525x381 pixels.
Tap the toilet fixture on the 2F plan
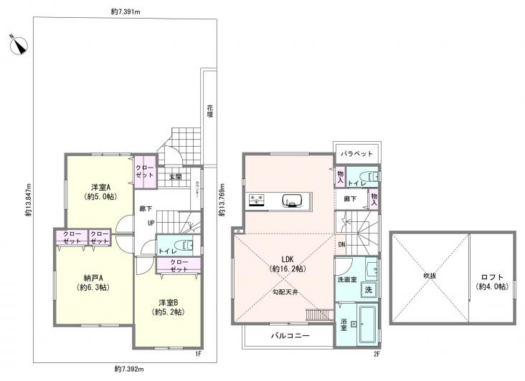tap(372, 176)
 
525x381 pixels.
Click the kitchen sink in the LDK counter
tap(293, 199)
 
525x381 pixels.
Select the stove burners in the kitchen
tap(257, 199)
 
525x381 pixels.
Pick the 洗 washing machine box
tap(368, 290)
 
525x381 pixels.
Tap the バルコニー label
tap(290, 335)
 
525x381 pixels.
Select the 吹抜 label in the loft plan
tap(430, 276)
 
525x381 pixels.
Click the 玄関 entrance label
tap(174, 176)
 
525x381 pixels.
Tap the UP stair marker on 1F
tap(151, 223)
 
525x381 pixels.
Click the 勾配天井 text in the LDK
tap(285, 291)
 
